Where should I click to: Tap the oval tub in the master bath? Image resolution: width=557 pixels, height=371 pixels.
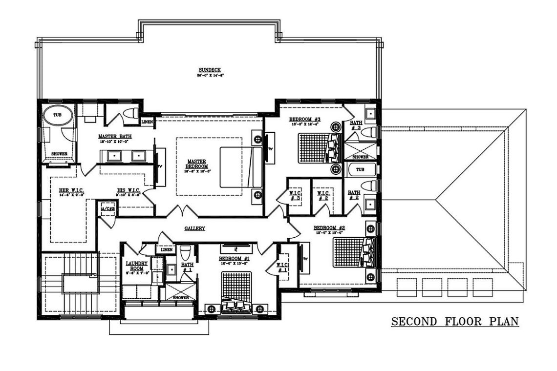pyautogui.click(x=58, y=117)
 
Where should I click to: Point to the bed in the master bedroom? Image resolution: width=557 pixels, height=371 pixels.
pyautogui.click(x=236, y=167)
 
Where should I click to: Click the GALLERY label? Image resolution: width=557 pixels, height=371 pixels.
pyautogui.click(x=194, y=228)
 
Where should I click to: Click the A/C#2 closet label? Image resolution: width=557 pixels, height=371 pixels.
pyautogui.click(x=107, y=209)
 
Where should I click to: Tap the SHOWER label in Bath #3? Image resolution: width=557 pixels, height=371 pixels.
pyautogui.click(x=361, y=157)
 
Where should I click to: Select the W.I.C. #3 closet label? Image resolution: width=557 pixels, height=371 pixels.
pyautogui.click(x=295, y=195)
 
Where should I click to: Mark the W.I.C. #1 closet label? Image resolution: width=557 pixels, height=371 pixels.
pyautogui.click(x=283, y=268)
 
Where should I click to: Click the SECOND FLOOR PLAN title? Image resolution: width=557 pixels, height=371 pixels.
pyautogui.click(x=454, y=322)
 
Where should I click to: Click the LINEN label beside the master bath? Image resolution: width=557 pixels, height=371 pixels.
pyautogui.click(x=147, y=122)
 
